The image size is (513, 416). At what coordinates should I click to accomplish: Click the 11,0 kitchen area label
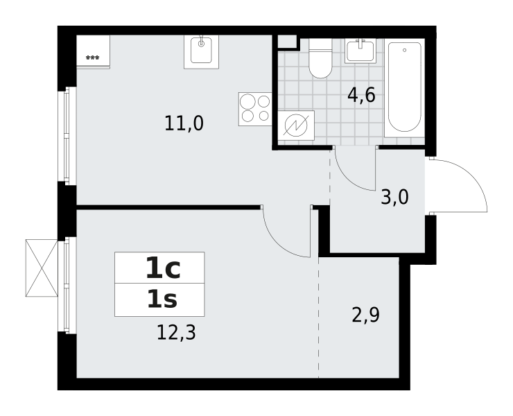click(184, 123)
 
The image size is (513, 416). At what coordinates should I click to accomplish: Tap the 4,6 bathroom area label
click(361, 95)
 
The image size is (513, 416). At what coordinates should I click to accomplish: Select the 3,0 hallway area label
click(395, 198)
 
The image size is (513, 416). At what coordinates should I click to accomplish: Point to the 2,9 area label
click(365, 315)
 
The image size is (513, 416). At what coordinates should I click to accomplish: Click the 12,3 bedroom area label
click(176, 332)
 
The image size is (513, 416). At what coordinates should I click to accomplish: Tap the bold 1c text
click(163, 268)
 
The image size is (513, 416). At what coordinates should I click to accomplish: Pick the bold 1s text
click(162, 300)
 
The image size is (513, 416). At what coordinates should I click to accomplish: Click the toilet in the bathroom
click(321, 58)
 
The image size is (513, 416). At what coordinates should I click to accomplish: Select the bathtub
click(404, 88)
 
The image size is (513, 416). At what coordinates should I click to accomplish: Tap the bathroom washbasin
click(360, 51)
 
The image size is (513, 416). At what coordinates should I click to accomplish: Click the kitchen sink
click(201, 52)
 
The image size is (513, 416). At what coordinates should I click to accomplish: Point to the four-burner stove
click(255, 109)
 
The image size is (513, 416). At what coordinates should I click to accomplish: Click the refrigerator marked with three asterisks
click(94, 52)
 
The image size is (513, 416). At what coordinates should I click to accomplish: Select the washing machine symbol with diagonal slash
click(296, 125)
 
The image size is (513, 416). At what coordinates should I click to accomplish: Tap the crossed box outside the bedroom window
click(42, 268)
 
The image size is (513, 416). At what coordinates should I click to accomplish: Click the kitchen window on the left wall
click(67, 136)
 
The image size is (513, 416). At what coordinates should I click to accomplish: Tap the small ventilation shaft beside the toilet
click(287, 41)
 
